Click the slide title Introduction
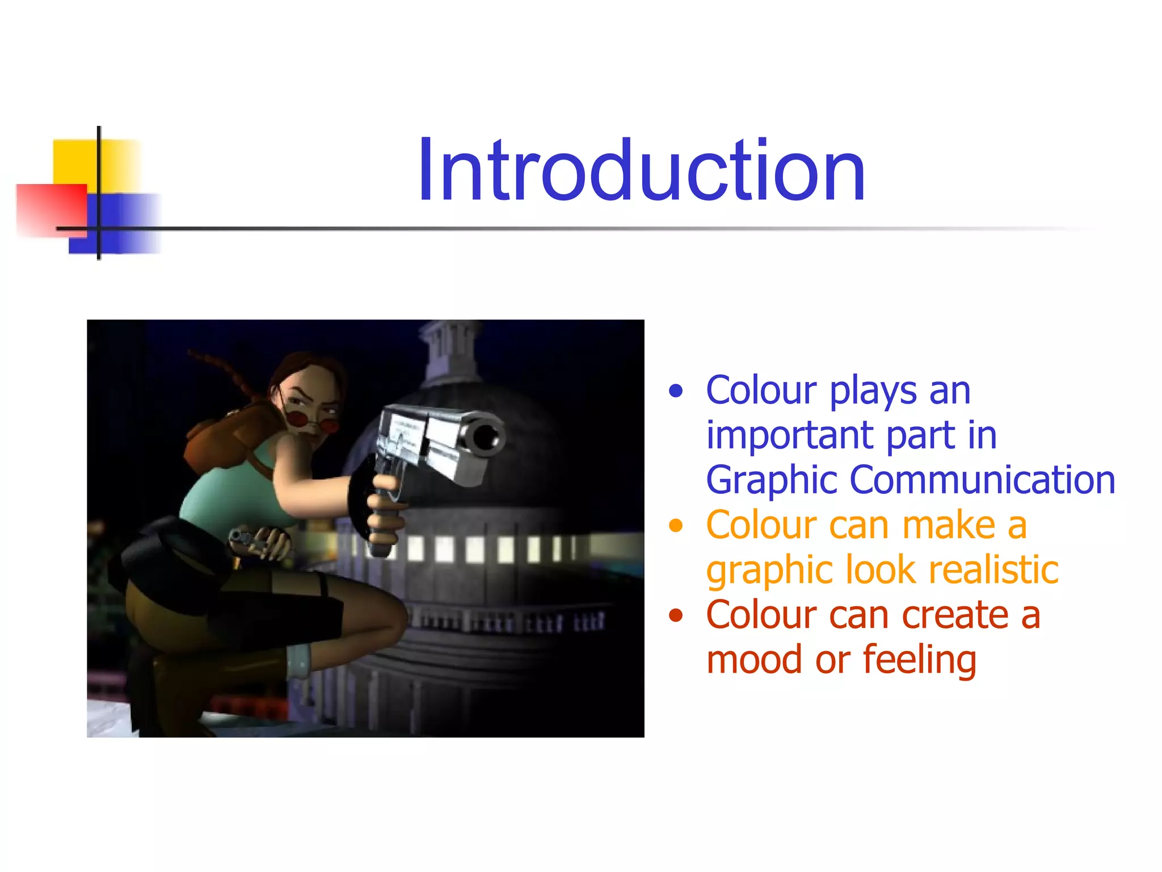[641, 170]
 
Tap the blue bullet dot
[675, 391]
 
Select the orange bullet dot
[675, 526]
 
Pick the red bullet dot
[675, 615]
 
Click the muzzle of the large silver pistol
[486, 437]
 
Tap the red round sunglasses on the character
[312, 422]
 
